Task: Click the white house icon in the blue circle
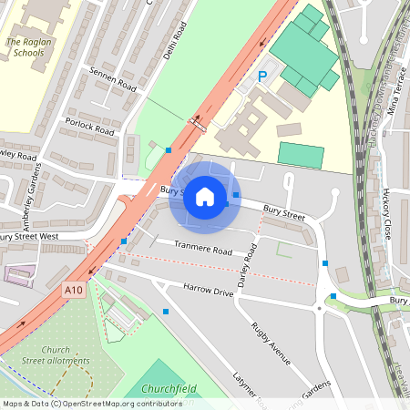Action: [205, 196]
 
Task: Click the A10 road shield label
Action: [76, 290]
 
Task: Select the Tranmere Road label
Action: [203, 247]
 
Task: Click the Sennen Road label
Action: [112, 80]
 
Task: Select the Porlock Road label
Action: [88, 126]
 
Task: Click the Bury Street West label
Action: [27, 238]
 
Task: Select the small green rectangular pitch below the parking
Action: [300, 155]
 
